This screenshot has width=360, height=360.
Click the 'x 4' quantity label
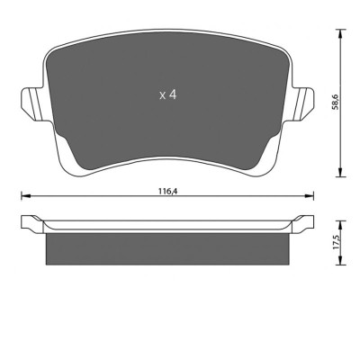point(168,95)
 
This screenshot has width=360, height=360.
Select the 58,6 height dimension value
point(335,102)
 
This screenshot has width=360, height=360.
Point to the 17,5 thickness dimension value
point(336,242)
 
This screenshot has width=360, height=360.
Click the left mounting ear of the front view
point(31,103)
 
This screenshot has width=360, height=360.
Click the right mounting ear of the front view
point(303,103)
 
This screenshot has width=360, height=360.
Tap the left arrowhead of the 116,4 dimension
point(26,196)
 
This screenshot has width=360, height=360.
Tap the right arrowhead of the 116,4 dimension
point(309,196)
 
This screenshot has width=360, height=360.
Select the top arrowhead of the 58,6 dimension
point(340,34)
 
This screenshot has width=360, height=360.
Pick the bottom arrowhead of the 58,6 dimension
point(340,172)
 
